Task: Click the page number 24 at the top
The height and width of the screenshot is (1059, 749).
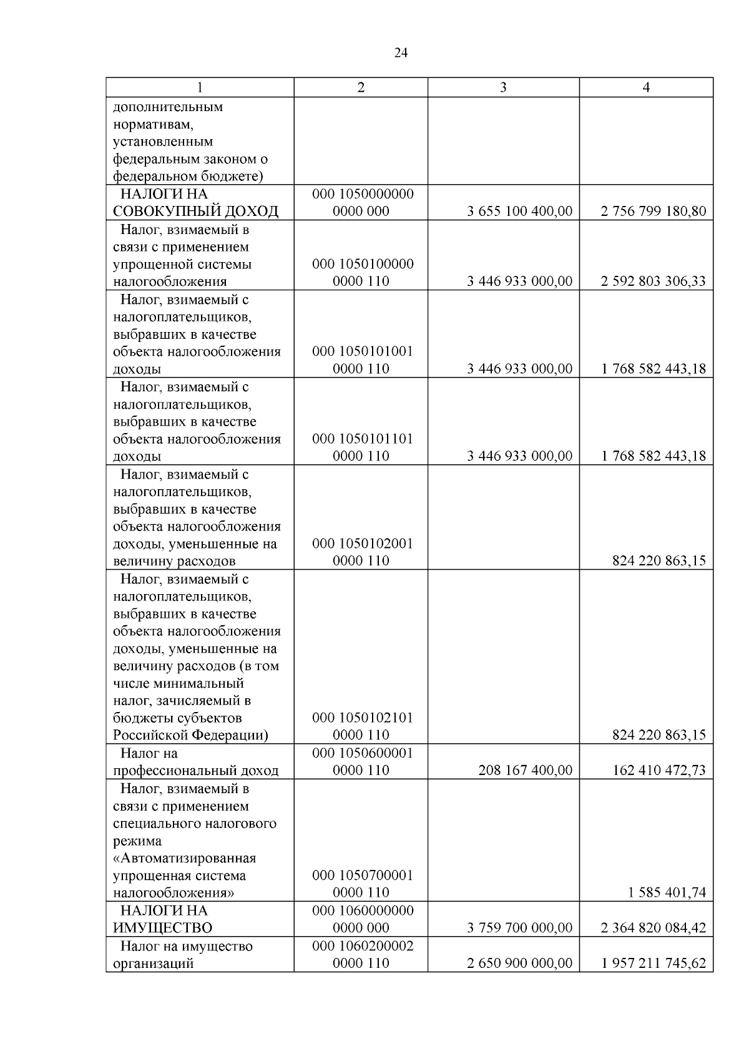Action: tap(401, 53)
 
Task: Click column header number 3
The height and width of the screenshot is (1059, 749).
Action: tap(503, 87)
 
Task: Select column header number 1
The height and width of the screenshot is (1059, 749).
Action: tap(200, 87)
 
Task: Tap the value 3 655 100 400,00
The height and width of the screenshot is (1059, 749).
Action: tap(519, 211)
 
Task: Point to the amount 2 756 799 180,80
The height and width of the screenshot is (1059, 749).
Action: tap(653, 211)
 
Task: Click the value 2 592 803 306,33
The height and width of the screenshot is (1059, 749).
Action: tap(653, 281)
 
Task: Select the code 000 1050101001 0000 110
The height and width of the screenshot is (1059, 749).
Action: tap(362, 360)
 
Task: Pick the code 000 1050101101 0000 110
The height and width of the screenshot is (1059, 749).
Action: tap(362, 447)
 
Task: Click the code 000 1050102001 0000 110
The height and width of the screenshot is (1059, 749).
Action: tap(362, 552)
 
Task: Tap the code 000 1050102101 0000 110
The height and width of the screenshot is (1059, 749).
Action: tap(362, 726)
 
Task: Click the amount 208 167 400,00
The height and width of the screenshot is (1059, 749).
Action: tap(525, 770)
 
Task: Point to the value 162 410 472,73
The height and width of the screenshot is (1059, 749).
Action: tap(659, 770)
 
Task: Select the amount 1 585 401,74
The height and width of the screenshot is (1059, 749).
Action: tap(667, 892)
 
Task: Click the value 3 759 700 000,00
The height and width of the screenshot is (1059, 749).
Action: tap(519, 927)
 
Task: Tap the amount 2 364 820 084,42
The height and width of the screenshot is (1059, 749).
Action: tap(653, 927)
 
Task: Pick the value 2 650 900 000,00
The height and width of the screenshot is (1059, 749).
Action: tap(519, 963)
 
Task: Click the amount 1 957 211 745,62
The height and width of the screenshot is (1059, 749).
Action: tap(653, 963)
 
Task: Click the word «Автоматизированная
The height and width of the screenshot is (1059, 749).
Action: tap(185, 858)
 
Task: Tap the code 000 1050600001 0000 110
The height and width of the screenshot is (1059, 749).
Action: tap(362, 761)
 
